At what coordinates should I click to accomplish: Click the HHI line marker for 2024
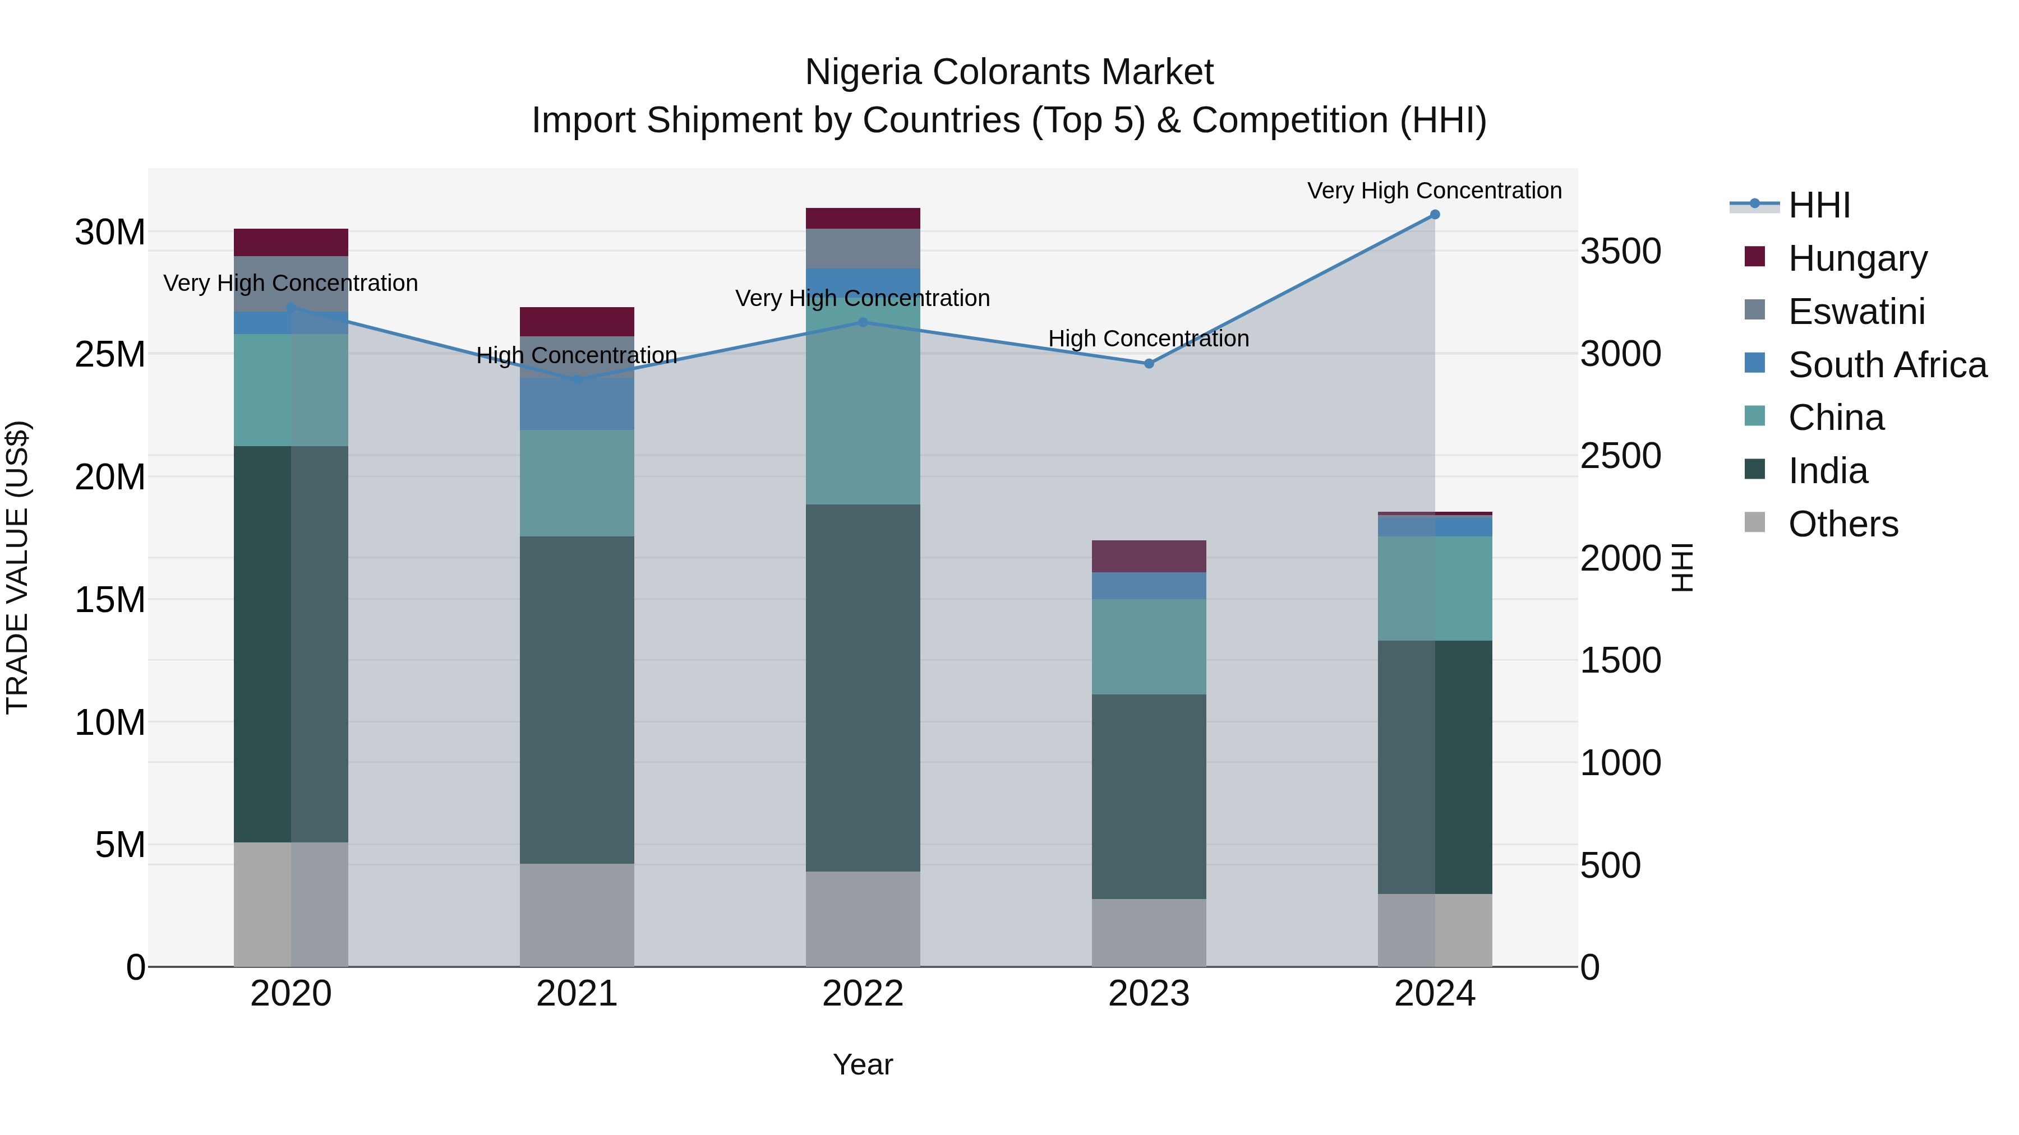1434,214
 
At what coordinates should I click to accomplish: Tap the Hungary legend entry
1857,258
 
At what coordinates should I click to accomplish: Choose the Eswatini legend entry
1856,312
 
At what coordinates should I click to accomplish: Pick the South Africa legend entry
1887,365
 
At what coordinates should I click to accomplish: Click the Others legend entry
1843,524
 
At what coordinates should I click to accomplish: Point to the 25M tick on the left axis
110,355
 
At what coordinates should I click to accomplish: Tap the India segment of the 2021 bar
577,699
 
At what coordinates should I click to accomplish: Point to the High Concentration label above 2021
577,355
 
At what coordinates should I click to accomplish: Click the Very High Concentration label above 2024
1433,191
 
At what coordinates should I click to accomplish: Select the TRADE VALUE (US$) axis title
17,567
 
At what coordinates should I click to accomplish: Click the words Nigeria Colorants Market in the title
1009,72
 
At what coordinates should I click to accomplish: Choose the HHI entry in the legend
1818,205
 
